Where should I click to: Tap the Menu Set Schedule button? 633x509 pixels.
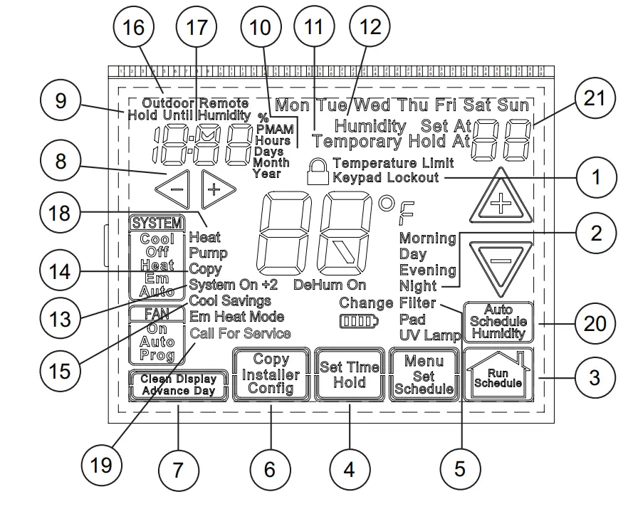(x=424, y=374)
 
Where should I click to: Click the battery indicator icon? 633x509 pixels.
(x=359, y=321)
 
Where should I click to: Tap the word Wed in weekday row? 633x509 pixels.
(x=374, y=105)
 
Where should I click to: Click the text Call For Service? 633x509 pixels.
(x=240, y=333)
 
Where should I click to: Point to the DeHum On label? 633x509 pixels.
(x=330, y=283)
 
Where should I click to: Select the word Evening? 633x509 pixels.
(x=427, y=270)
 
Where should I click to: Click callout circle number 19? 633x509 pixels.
(x=101, y=466)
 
